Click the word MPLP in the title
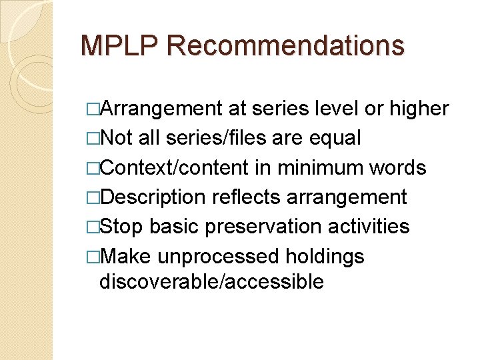tap(119, 45)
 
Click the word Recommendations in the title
tap(286, 45)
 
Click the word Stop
tap(121, 226)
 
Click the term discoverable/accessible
tap(211, 281)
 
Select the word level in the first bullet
tap(337, 109)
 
